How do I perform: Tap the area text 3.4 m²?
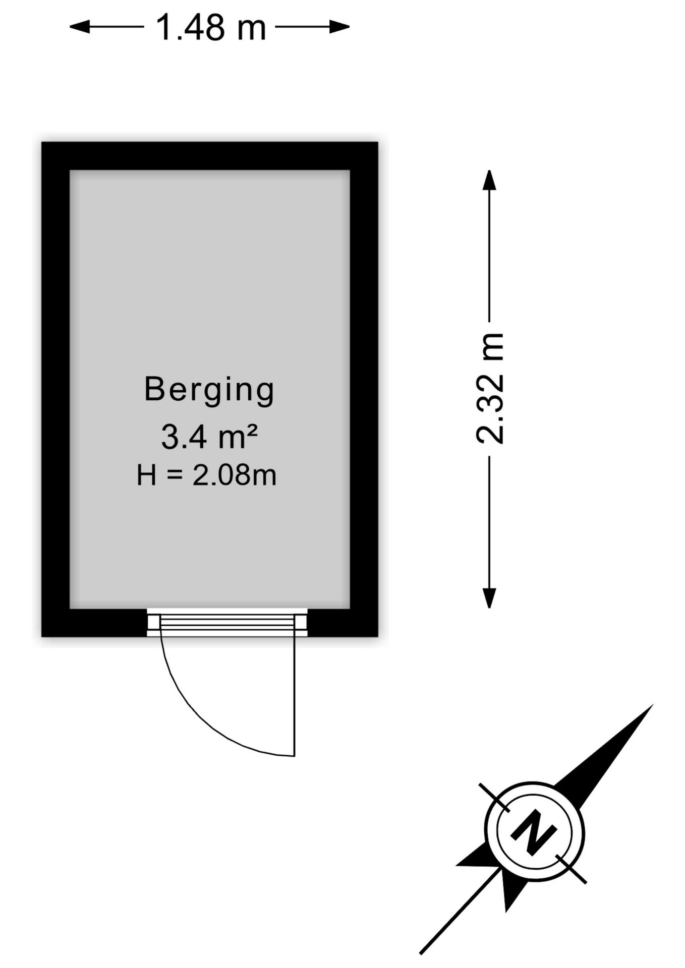[209, 437]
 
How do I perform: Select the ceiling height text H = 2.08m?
[206, 475]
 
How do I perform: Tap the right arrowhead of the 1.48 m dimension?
[340, 26]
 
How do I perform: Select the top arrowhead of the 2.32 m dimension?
[489, 180]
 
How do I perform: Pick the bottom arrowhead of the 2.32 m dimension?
[489, 598]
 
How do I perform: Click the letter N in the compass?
[534, 832]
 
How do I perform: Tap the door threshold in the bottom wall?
[227, 623]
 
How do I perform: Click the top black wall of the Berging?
[209, 156]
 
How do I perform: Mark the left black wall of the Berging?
[55, 389]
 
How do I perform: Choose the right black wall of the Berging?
[364, 389]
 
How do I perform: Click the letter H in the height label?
[146, 475]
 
